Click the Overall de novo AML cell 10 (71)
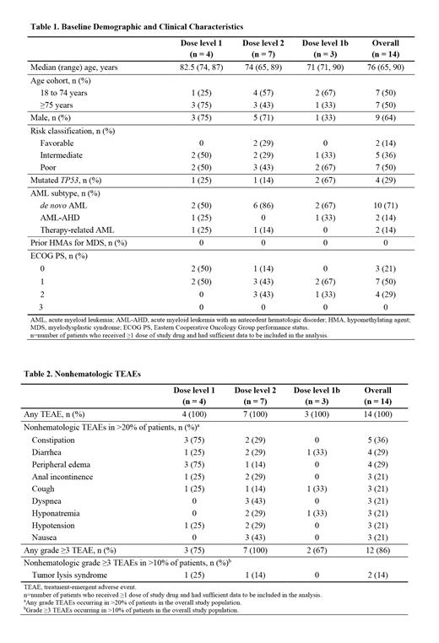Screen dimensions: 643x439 pos(385,206)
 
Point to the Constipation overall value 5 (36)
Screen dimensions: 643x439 pos(385,440)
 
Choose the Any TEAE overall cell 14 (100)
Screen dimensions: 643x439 pos(385,414)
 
